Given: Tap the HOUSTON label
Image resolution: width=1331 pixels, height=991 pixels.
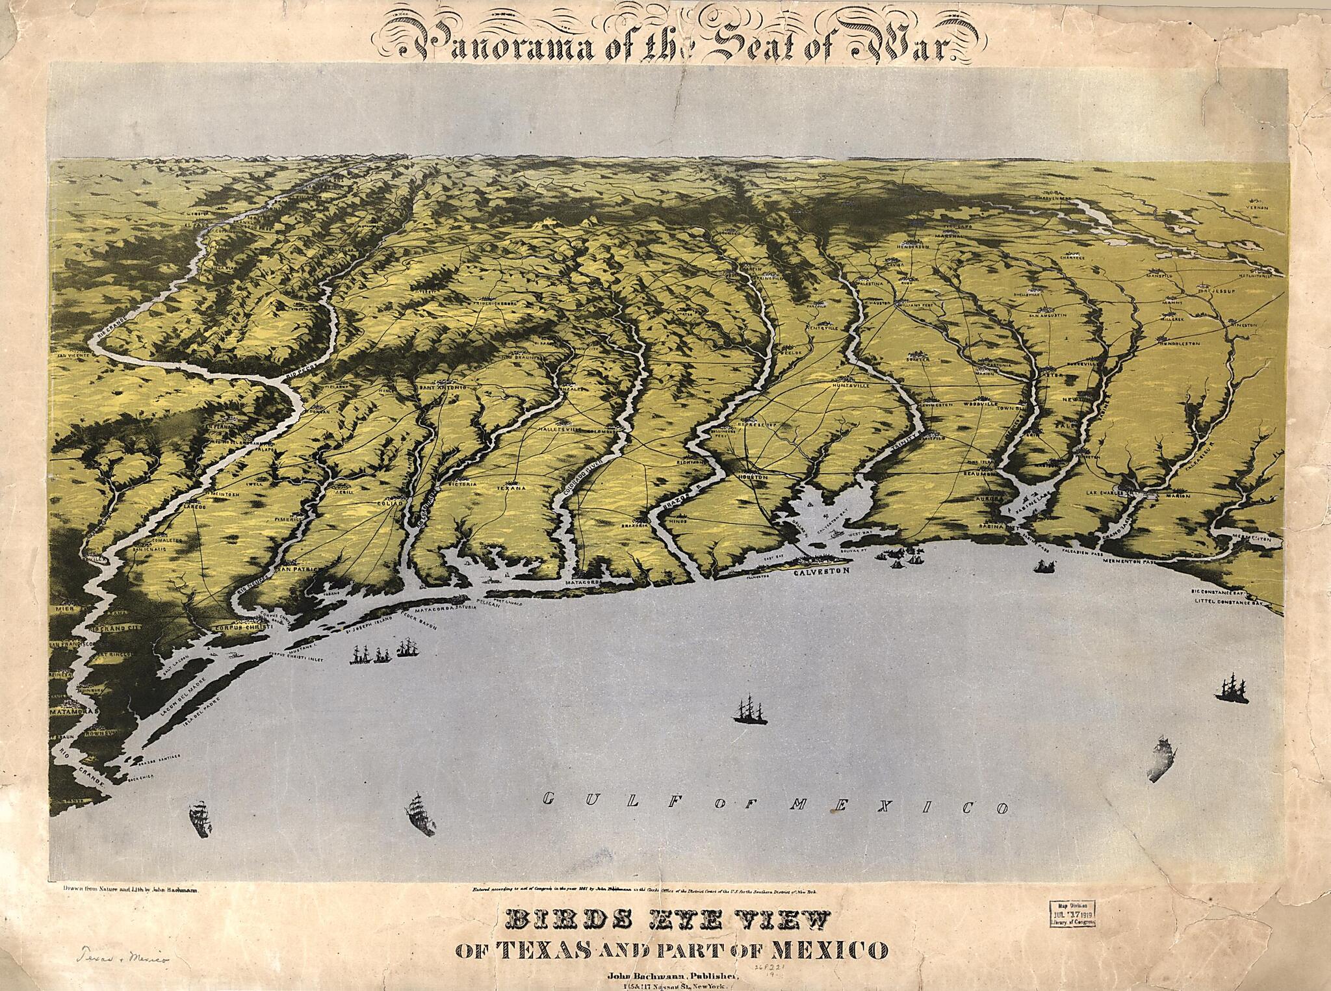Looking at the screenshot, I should (x=753, y=477).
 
